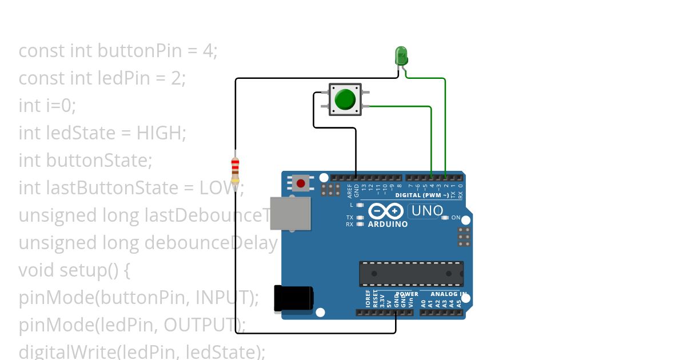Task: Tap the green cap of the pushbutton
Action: point(345,99)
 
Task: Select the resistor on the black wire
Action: point(235,171)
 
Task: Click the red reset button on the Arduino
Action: point(301,183)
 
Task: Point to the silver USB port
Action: point(290,214)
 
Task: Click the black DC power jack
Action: point(293,299)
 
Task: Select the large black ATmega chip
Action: point(411,274)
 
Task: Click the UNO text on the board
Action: point(426,211)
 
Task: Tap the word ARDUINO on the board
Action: point(388,224)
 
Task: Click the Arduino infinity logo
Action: point(387,211)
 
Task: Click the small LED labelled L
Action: point(360,205)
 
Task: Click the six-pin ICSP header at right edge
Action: point(464,237)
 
